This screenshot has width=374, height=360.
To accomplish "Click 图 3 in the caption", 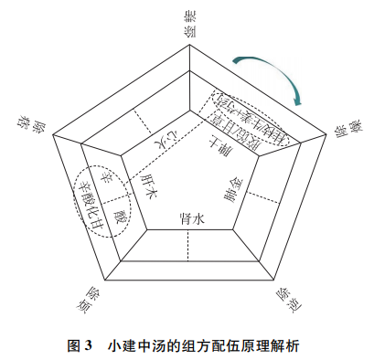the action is pyautogui.click(x=81, y=346).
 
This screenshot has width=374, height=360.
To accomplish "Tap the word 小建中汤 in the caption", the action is pyautogui.click(x=138, y=346).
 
